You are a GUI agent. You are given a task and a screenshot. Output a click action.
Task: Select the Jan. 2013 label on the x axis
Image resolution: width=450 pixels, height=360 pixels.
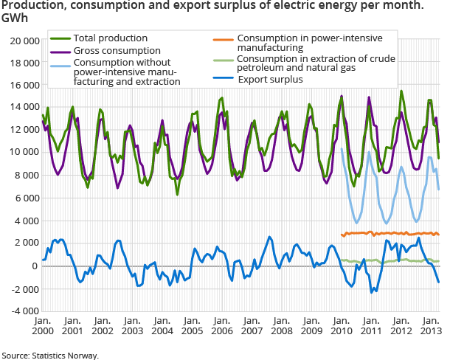point(430,326)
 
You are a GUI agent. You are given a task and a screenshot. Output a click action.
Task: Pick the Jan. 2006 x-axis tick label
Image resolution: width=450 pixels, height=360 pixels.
point(221,326)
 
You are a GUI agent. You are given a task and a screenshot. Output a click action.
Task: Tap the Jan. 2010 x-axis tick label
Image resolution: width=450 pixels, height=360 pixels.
point(341,326)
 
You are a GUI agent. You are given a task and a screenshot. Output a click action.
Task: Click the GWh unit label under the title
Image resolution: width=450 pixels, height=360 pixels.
point(15,18)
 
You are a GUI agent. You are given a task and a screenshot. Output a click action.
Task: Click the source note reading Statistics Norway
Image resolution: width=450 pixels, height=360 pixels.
point(49,355)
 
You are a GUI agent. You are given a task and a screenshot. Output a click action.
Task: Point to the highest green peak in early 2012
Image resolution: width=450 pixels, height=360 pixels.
point(401,91)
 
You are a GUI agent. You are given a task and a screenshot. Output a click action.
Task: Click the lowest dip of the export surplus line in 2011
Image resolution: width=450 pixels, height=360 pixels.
point(373,292)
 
